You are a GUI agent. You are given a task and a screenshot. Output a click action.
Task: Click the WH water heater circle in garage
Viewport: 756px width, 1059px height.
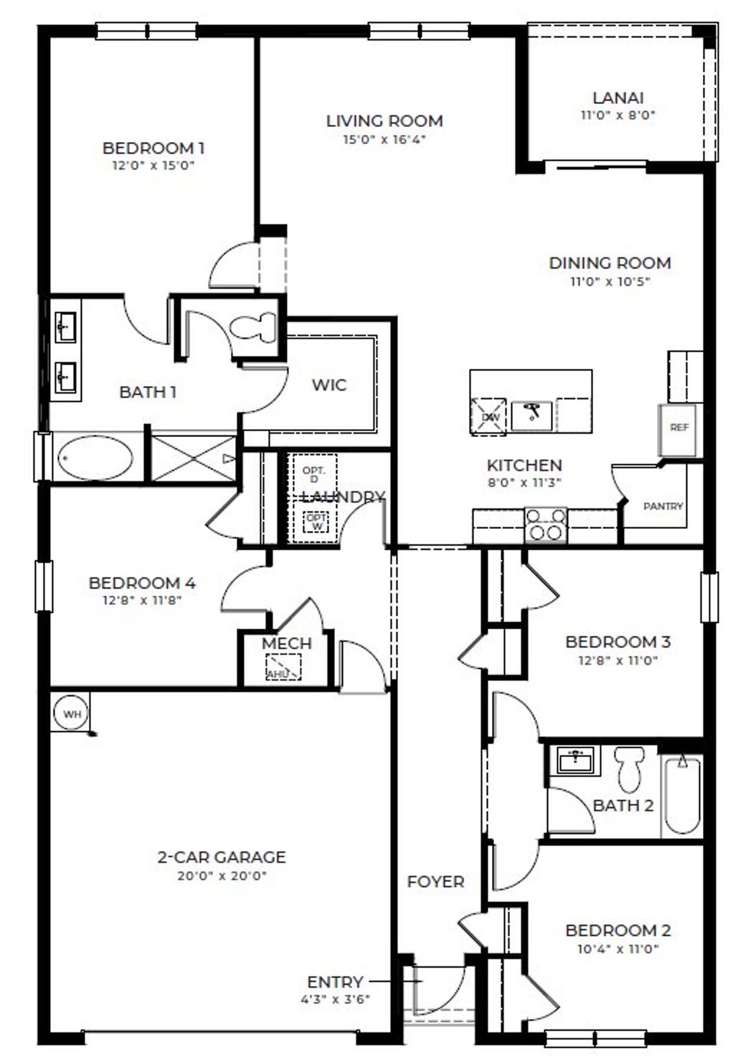click(x=72, y=714)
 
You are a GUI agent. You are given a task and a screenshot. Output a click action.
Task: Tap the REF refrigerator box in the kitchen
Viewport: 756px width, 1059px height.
click(x=679, y=427)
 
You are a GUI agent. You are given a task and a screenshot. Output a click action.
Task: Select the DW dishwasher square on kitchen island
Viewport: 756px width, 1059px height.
click(x=488, y=417)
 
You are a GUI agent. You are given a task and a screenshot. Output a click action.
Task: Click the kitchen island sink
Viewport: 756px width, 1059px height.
click(x=532, y=415)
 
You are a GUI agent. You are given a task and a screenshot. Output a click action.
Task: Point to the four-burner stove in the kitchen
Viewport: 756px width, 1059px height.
click(x=546, y=525)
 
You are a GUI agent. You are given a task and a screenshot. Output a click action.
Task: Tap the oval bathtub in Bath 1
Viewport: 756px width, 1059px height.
click(x=95, y=457)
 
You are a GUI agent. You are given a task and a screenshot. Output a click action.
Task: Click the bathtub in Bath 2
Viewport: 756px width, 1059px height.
click(x=682, y=795)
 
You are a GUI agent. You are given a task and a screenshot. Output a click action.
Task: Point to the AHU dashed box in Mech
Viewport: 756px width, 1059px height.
click(x=283, y=667)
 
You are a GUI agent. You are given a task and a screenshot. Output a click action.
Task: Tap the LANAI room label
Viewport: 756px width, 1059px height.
click(x=618, y=98)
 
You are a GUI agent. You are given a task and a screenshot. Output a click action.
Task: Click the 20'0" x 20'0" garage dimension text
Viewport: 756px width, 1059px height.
click(x=222, y=875)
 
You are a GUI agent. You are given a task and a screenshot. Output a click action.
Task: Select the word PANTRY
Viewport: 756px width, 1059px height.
click(x=663, y=506)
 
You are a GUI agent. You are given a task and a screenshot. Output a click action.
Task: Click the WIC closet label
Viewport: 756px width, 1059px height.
click(x=329, y=385)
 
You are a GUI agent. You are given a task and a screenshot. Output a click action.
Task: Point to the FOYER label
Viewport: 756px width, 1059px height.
click(x=435, y=882)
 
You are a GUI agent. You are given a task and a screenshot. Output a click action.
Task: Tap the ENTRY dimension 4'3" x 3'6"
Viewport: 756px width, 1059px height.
click(x=335, y=1000)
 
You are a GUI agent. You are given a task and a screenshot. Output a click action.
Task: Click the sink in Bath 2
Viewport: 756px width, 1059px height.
click(x=575, y=760)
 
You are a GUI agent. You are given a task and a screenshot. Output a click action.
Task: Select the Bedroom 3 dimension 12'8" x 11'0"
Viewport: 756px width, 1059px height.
click(x=618, y=660)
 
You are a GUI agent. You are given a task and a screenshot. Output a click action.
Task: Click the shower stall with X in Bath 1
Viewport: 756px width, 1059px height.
click(x=194, y=458)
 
